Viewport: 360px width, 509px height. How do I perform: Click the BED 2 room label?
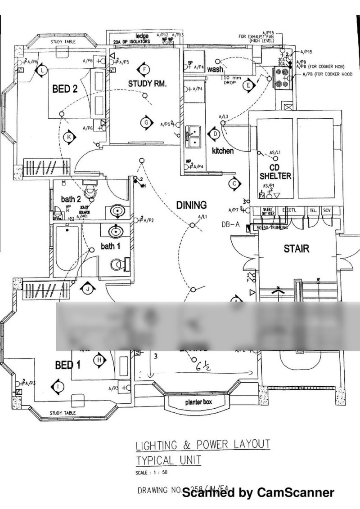point(65,89)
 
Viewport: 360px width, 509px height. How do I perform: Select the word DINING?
point(191,205)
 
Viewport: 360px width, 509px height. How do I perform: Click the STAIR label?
point(297,248)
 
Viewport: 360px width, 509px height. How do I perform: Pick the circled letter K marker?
point(69,137)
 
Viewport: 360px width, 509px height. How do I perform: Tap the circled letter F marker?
point(144,69)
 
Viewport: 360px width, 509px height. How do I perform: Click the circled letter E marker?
point(248,85)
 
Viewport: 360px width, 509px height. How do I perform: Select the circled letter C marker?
point(234,183)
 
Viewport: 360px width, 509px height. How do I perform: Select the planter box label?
point(198,402)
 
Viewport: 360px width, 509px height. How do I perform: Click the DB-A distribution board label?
point(230,224)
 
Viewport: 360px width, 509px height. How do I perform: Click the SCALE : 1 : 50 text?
point(151,473)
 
